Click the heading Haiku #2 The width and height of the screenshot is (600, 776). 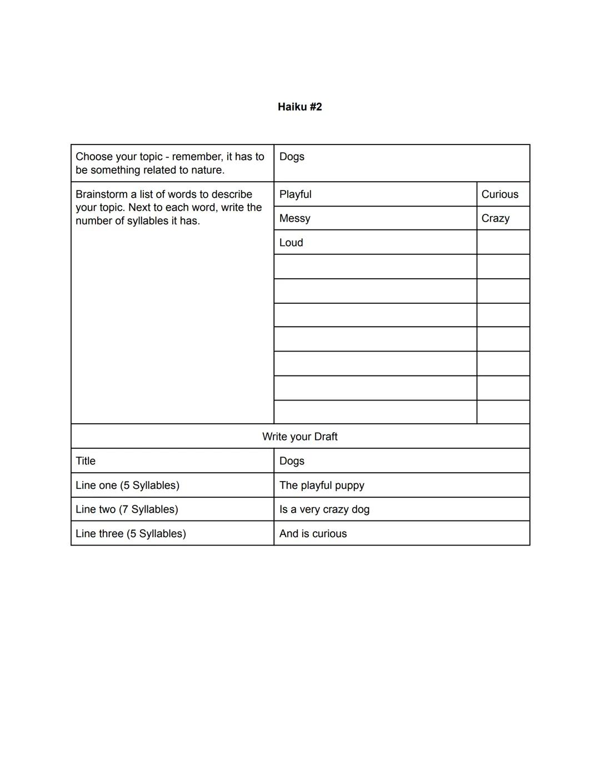point(299,107)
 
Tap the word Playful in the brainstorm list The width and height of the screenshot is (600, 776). point(295,194)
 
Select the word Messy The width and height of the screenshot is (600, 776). point(294,218)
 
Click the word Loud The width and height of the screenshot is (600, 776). point(291,243)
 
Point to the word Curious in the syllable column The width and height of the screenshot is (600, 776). point(499,194)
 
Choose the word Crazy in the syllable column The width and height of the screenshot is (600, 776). point(495,218)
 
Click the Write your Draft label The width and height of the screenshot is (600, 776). point(299,437)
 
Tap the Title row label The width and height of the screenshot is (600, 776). point(86,461)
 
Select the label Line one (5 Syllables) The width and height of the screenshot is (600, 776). point(127,485)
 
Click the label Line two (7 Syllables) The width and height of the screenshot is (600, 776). point(127,509)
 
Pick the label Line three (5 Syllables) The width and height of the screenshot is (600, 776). point(131,534)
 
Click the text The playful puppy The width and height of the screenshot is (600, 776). point(322,485)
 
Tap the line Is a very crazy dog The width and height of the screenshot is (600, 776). point(324,509)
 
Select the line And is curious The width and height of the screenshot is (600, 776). point(313,534)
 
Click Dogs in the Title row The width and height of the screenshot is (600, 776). point(292,461)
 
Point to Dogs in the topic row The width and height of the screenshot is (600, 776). point(292,157)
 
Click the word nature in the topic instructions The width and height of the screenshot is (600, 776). point(206,170)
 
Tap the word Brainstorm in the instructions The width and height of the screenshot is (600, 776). point(101,194)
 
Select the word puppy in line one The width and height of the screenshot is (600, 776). point(349,486)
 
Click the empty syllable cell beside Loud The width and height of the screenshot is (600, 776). point(503,243)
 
